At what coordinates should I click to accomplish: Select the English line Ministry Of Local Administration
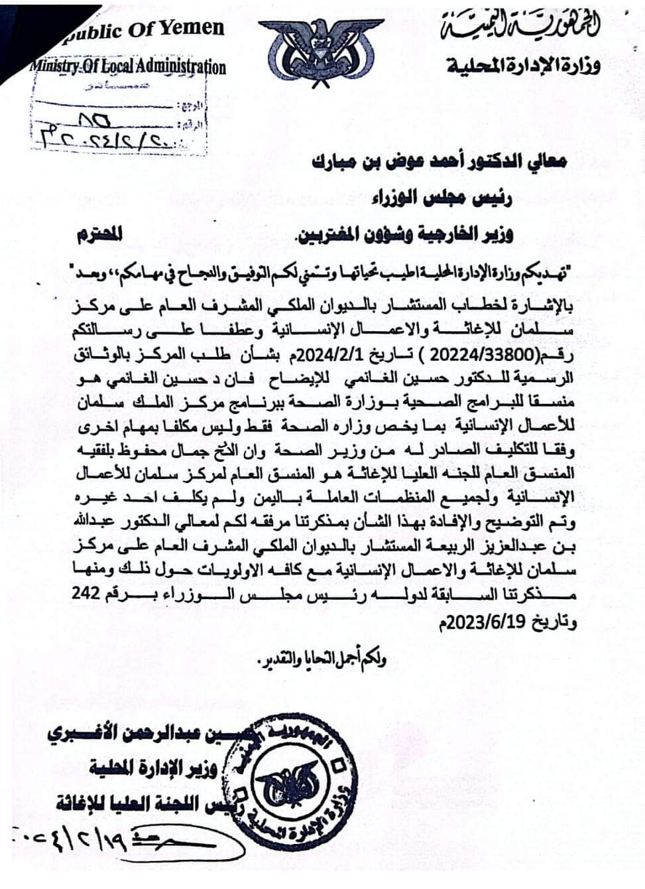pyautogui.click(x=126, y=66)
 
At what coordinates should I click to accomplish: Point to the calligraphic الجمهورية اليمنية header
pyautogui.click(x=520, y=27)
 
